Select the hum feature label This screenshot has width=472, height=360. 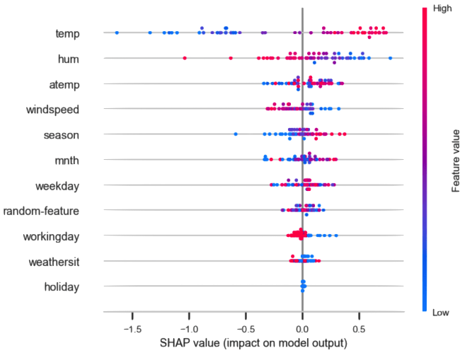click(68, 59)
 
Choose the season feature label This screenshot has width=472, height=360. click(62, 135)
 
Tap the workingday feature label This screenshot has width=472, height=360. click(52, 236)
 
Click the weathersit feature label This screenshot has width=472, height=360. click(54, 262)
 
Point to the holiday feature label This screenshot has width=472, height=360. click(62, 287)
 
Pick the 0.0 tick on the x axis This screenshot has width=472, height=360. click(303, 330)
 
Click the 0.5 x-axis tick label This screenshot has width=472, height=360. click(359, 330)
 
